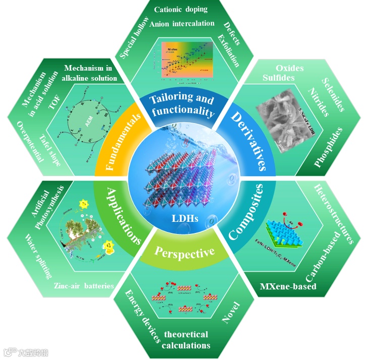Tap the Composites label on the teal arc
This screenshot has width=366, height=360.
(x=246, y=212)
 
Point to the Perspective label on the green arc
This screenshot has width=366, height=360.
(x=184, y=251)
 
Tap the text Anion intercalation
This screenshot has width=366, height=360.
(x=182, y=23)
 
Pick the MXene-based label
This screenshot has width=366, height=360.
(x=288, y=287)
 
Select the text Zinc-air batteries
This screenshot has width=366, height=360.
(x=84, y=286)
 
